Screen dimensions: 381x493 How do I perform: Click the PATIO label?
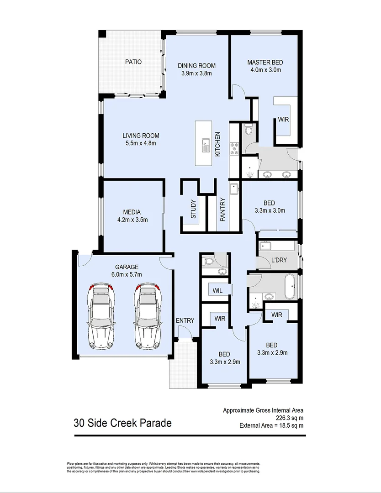tap(133, 62)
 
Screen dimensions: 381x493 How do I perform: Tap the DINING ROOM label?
tap(196, 66)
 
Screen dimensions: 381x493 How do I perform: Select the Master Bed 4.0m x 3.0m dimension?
tap(265, 70)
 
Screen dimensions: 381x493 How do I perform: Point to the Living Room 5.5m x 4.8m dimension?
tap(141, 143)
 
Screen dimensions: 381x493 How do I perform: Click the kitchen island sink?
tap(206, 145)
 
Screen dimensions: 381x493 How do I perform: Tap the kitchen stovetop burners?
tap(234, 149)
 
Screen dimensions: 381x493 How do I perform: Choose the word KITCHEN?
tap(217, 144)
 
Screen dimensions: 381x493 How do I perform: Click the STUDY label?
tap(193, 209)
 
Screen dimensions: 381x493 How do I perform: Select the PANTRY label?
tap(223, 210)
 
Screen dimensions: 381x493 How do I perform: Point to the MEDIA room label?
tap(132, 212)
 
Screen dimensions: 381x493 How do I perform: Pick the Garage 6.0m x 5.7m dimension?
tap(127, 274)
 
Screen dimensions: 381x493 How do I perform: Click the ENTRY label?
tap(185, 321)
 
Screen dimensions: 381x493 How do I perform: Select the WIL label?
tap(217, 291)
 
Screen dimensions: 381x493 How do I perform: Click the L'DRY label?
tap(279, 260)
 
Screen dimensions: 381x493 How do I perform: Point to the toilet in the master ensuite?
tap(248, 130)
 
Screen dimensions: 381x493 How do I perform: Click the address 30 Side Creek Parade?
tap(123, 423)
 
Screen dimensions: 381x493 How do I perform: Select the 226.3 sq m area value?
tap(290, 418)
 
